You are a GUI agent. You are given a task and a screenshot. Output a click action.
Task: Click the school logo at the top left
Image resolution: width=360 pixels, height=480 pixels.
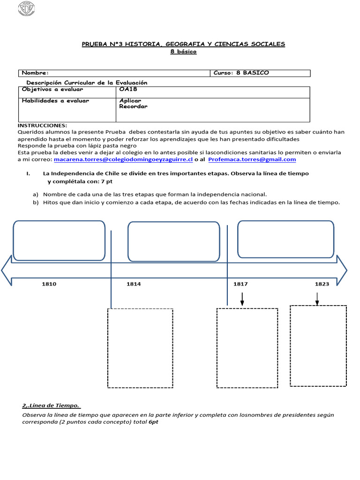coord(28,8)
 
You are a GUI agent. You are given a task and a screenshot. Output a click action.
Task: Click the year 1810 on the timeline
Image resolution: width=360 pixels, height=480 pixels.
coord(49,284)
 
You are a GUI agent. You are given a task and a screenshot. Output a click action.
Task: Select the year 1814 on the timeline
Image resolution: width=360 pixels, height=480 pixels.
coord(134,284)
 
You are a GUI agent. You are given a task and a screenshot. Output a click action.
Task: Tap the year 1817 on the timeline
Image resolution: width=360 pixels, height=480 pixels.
coord(240,284)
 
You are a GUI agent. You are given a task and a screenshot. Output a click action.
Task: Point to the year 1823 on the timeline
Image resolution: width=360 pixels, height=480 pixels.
coord(322,284)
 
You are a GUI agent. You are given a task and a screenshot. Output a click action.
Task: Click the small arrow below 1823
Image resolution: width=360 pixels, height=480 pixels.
coord(317,299)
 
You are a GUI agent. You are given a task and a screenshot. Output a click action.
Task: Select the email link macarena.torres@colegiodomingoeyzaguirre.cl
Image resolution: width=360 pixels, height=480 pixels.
coord(123,159)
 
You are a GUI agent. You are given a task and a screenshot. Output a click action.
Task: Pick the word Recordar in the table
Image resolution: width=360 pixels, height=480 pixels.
coord(133,106)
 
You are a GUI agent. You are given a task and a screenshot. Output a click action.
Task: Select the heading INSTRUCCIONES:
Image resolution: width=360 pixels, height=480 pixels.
coord(42,126)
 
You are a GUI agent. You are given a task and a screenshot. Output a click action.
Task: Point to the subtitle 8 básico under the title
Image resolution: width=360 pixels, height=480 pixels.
coord(183,52)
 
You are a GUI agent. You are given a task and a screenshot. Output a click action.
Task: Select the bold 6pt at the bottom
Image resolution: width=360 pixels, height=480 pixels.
coord(154,422)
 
